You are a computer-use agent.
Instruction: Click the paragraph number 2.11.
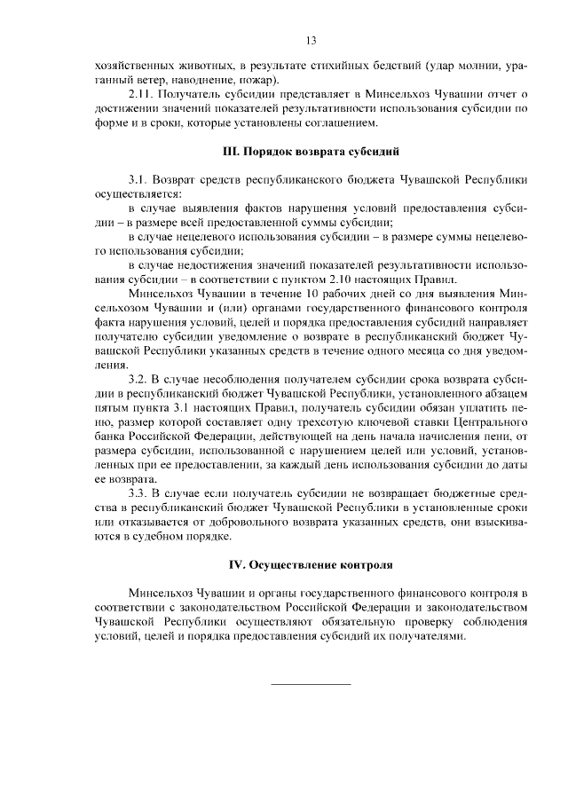143,93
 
